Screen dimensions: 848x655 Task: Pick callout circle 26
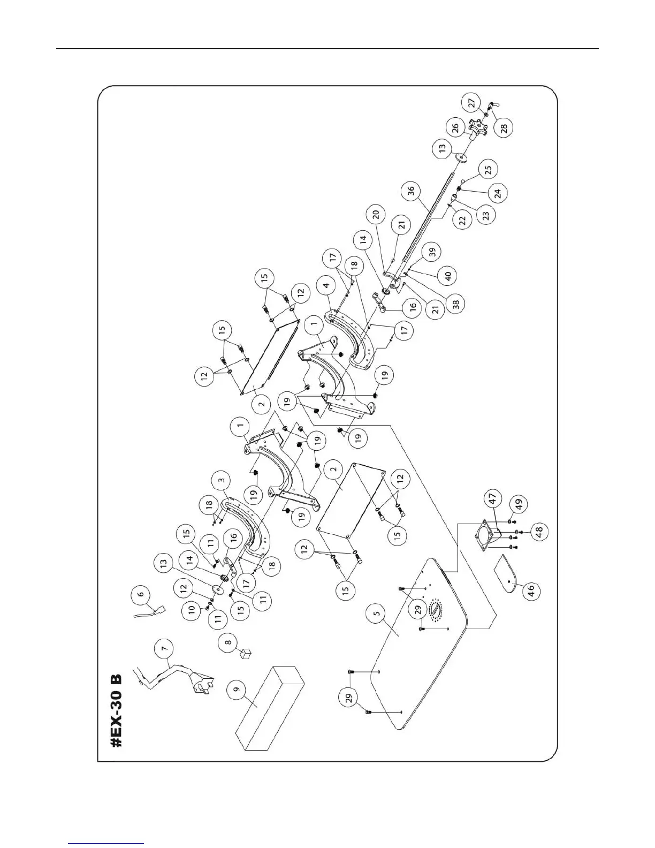(x=454, y=128)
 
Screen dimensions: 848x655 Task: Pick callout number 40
(x=448, y=276)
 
